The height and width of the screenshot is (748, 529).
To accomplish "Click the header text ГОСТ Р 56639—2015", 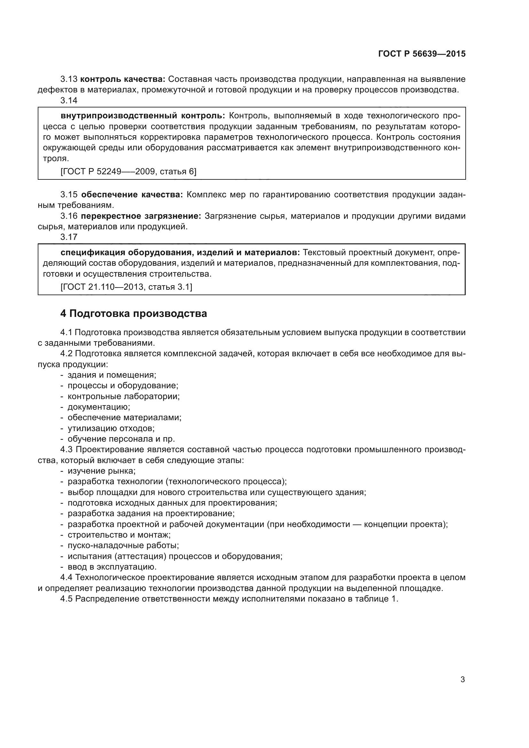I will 422,54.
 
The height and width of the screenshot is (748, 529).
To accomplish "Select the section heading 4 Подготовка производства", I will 134,313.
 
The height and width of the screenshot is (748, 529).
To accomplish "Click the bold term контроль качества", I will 123,79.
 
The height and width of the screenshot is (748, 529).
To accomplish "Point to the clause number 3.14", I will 69,100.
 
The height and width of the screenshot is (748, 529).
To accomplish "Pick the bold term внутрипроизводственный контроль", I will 143,116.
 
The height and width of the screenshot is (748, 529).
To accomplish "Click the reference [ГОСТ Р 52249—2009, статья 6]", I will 128,171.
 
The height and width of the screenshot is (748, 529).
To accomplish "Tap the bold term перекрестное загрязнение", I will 141,216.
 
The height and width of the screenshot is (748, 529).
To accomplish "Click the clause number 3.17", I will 69,237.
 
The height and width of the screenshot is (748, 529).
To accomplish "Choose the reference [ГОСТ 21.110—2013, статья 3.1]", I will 126,287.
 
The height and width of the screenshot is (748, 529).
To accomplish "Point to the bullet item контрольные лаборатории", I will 123,396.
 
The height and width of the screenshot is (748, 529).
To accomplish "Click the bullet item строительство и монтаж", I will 119,535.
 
